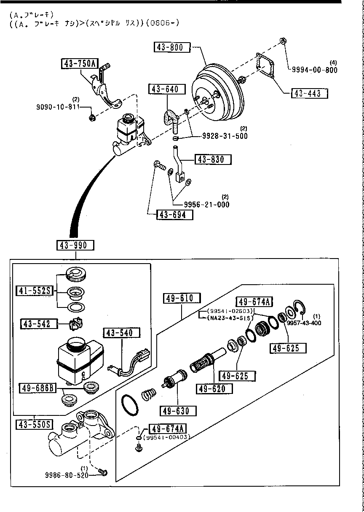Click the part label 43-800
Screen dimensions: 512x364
[x=172, y=47]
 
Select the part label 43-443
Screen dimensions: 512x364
[x=309, y=93]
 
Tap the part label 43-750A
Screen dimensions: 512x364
[x=79, y=64]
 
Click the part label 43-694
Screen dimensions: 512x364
[x=175, y=215]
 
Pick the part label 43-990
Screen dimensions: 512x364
[x=76, y=245]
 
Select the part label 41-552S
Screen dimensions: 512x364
[x=35, y=290]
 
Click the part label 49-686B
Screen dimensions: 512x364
[x=37, y=387]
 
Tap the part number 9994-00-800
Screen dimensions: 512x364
[x=315, y=70]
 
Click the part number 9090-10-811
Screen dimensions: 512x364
[x=58, y=106]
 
